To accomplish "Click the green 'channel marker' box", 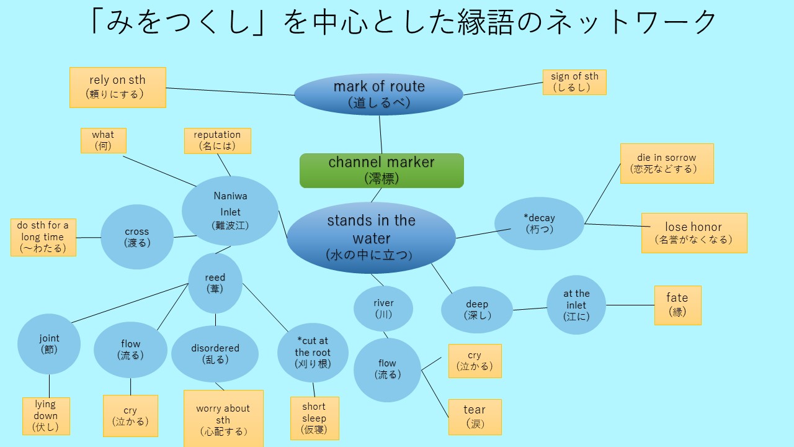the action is click(x=381, y=171).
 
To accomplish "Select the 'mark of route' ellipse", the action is click(x=378, y=94).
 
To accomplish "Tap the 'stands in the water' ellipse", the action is click(x=371, y=238).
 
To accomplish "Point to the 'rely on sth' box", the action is click(x=118, y=88).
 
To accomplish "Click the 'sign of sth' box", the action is click(x=574, y=83).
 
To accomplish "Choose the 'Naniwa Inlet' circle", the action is click(x=230, y=210).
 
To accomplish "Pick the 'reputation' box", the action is click(x=218, y=141).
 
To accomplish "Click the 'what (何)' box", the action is click(x=104, y=140).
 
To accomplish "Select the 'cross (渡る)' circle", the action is click(x=137, y=237).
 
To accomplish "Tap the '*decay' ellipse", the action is click(x=539, y=223).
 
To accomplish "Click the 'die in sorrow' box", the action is click(x=667, y=163).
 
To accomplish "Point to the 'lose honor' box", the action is click(x=694, y=233).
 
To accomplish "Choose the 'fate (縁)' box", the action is click(x=678, y=305).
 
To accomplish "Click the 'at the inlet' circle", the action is click(x=576, y=305).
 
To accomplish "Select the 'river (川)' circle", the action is click(x=383, y=309).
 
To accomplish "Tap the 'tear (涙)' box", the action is click(x=475, y=417).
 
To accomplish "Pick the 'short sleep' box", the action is click(x=314, y=418).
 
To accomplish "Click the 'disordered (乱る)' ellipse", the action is click(x=215, y=354).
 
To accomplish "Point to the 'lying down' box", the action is click(x=46, y=416).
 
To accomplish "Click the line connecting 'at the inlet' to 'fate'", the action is click(x=630, y=305).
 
